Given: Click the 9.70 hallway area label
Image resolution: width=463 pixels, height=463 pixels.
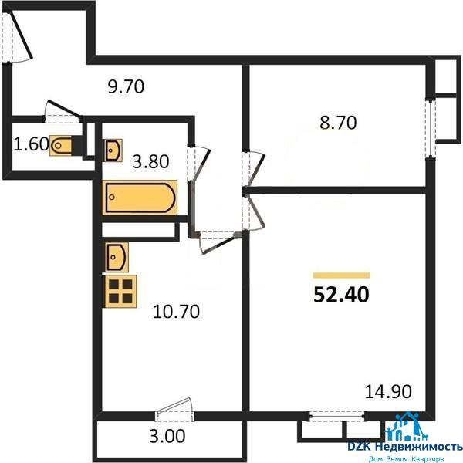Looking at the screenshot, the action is click(x=126, y=86).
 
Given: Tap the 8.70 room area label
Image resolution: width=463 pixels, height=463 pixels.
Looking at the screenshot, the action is click(x=338, y=123).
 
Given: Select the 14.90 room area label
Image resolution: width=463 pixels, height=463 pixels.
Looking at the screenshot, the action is click(x=388, y=391).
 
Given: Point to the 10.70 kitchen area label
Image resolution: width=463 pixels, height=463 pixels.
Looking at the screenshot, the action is click(x=176, y=312).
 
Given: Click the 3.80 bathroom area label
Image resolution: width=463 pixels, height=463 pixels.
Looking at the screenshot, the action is click(x=150, y=161).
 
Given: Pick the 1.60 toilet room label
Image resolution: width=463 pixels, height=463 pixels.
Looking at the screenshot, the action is click(x=31, y=144).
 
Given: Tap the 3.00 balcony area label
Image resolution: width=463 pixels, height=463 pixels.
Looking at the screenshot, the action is click(x=167, y=436).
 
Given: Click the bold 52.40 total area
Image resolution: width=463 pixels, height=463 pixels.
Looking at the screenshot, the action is click(x=341, y=295).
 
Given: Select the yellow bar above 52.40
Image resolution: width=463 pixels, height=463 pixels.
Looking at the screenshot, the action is click(x=341, y=275).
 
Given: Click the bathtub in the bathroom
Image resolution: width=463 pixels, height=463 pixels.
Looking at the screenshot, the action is click(x=140, y=198).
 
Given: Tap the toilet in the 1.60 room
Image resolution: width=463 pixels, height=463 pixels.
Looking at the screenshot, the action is click(x=61, y=145).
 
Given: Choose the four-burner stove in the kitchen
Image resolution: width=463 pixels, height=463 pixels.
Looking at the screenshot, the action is click(x=120, y=291).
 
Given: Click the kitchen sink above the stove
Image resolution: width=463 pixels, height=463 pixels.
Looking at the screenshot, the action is click(x=117, y=257).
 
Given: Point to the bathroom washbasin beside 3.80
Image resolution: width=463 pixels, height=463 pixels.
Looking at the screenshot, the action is click(x=113, y=150).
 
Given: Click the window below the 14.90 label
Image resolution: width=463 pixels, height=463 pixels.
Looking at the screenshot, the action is click(x=337, y=416).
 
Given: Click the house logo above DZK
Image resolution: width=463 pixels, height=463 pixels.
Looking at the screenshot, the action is click(x=403, y=425).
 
